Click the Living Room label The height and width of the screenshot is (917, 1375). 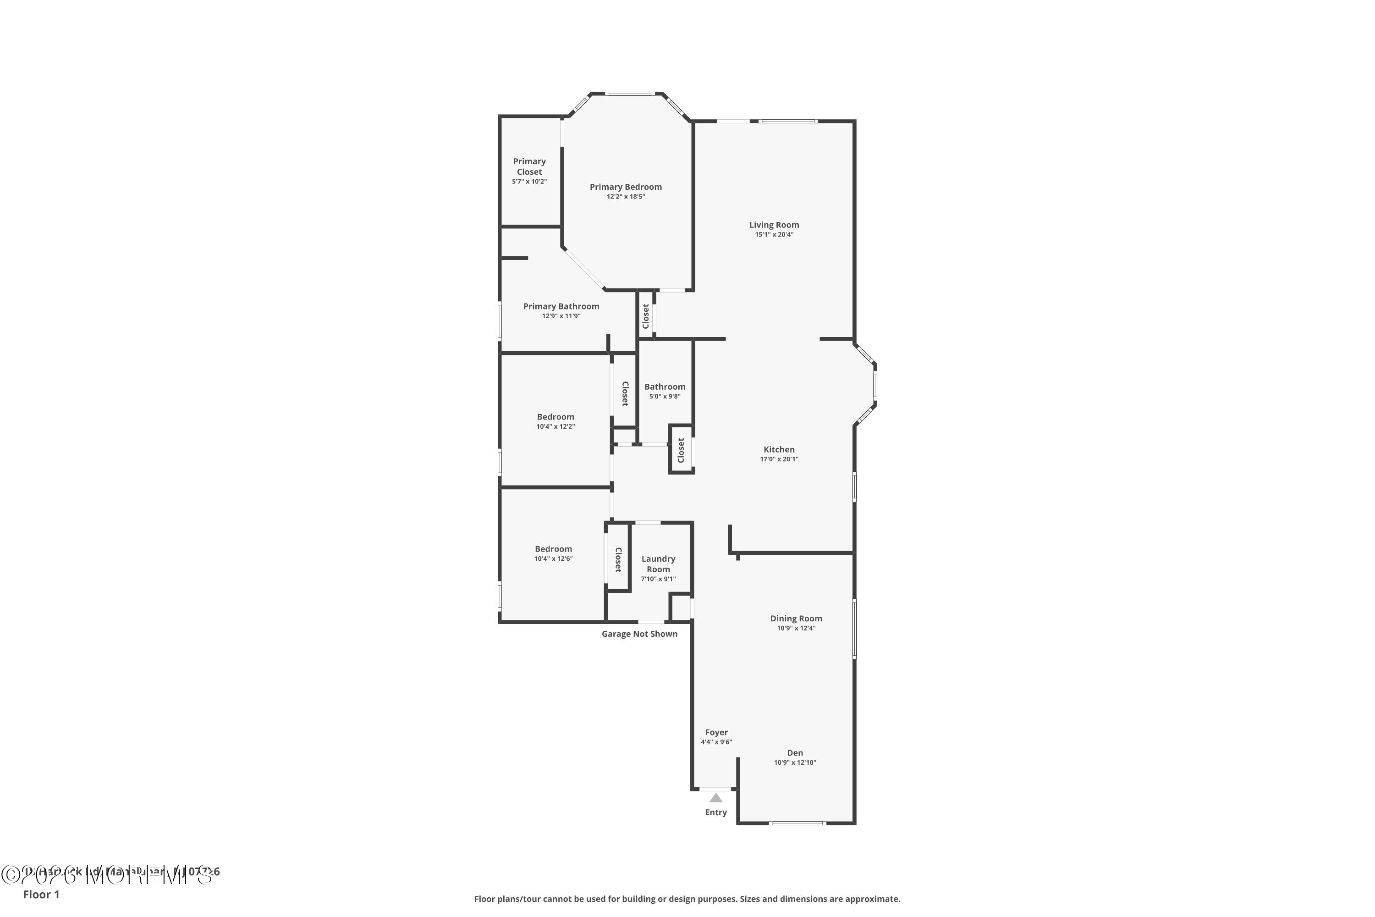[x=774, y=225]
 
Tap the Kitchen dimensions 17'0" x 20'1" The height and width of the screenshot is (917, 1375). [x=779, y=459]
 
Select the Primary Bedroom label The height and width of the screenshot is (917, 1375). [x=626, y=187]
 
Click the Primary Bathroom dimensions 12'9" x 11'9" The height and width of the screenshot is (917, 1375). [x=561, y=316]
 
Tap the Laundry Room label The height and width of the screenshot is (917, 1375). [x=658, y=564]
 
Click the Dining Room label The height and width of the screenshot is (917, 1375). [x=796, y=619]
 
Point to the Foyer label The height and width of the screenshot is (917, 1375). [x=716, y=733]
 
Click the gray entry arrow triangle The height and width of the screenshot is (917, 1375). [x=715, y=798]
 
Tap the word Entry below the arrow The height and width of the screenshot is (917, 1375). [x=715, y=812]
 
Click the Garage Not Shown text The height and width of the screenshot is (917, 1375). [x=639, y=634]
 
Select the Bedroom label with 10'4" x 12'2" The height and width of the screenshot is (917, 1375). [x=555, y=417]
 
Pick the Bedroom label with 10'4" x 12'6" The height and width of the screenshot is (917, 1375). [x=553, y=549]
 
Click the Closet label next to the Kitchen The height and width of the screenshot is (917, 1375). [x=681, y=450]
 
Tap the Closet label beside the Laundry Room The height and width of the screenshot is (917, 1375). [x=618, y=560]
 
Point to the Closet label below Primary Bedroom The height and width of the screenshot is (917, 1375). [x=646, y=316]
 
